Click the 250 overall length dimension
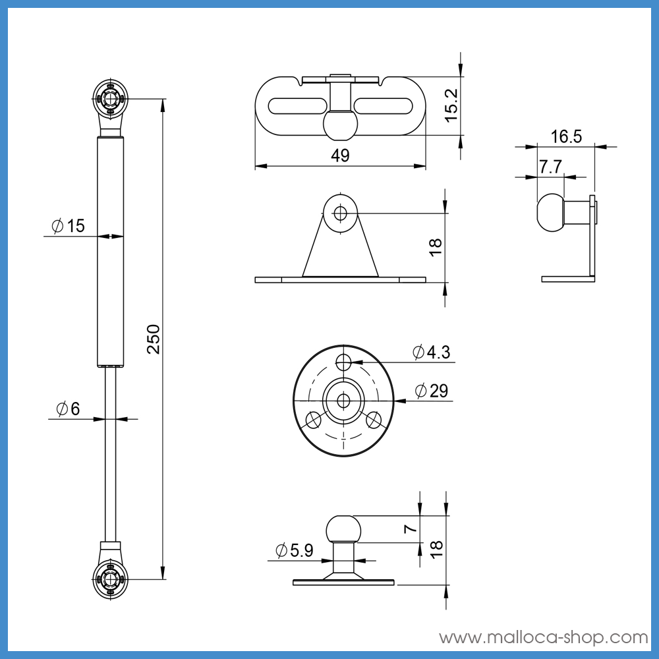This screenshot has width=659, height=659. [154, 339]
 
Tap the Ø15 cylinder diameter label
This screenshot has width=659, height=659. [68, 226]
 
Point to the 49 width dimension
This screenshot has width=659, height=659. [341, 156]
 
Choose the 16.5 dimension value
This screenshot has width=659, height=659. [567, 136]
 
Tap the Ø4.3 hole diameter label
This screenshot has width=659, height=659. [432, 353]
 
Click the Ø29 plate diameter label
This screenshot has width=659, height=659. [432, 391]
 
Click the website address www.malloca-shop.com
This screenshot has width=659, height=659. [544, 637]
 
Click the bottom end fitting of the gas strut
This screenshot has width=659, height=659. [110, 577]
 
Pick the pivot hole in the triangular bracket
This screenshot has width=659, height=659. [340, 213]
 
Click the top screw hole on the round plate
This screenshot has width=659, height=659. [343, 362]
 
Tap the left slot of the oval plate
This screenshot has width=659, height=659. [297, 105]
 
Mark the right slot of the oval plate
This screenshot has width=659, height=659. [384, 105]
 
